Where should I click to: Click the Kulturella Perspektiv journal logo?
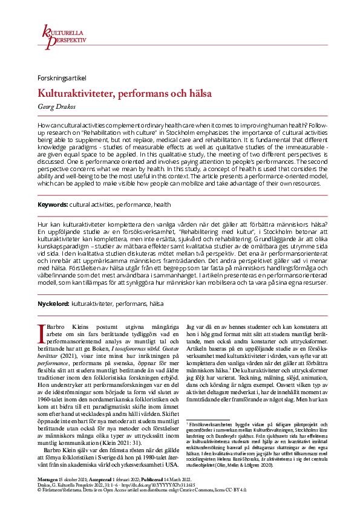(63, 35)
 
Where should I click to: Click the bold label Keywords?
(53, 205)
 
